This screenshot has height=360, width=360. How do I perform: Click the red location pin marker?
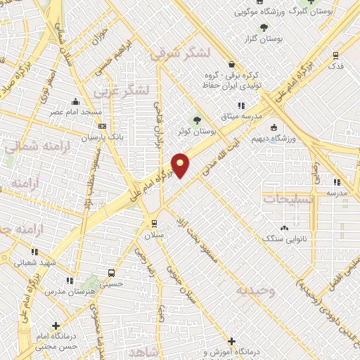point(181,165)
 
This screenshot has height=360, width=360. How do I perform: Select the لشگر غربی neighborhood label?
point(124,89)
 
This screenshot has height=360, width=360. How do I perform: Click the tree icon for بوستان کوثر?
point(196,120)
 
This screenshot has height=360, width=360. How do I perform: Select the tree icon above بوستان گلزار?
point(264,28)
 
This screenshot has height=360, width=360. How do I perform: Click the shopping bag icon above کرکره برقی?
point(231,64)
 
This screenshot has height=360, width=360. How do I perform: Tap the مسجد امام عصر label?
point(79,112)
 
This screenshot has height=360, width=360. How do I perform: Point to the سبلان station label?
point(154,236)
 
